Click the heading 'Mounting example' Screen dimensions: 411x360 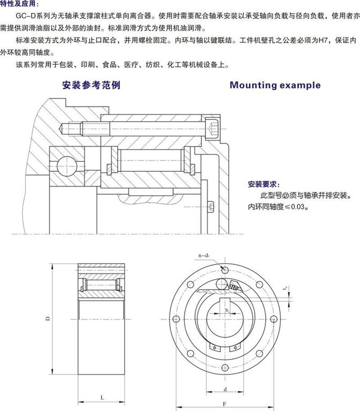(275, 85)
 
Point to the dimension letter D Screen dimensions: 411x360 (48, 319)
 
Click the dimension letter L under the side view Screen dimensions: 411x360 (102, 396)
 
